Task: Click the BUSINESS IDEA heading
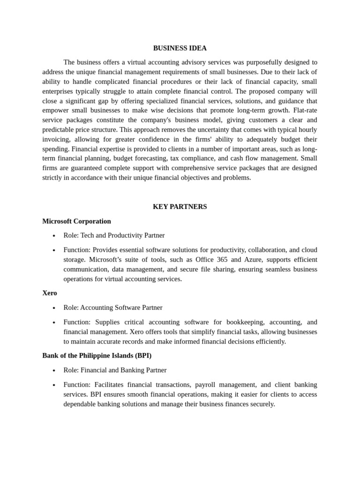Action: pos(180,48)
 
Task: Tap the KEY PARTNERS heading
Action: pos(180,206)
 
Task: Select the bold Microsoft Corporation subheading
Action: pos(76,221)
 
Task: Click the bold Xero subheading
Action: pos(50,292)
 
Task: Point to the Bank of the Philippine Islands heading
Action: pos(97,355)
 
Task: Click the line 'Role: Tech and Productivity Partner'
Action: pos(114,235)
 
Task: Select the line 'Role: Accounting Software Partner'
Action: pos(112,307)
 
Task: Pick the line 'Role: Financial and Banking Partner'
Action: pos(115,370)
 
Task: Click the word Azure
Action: pos(253,259)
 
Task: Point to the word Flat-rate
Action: pos(305,110)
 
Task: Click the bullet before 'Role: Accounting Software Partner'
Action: pos(54,308)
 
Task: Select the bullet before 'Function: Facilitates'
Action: pos(54,385)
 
